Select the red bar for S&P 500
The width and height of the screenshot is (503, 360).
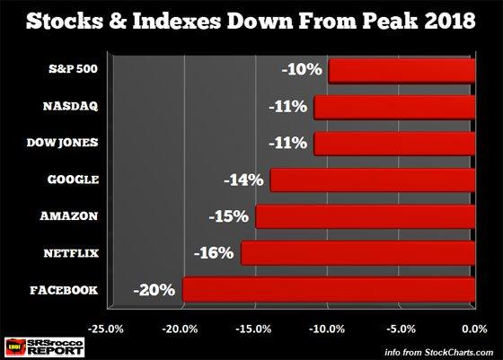[402, 71]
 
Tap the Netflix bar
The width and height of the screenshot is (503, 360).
[357, 253]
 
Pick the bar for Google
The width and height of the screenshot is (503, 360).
[372, 180]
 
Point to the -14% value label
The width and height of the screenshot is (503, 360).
[243, 180]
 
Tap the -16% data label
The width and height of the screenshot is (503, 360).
[214, 253]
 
